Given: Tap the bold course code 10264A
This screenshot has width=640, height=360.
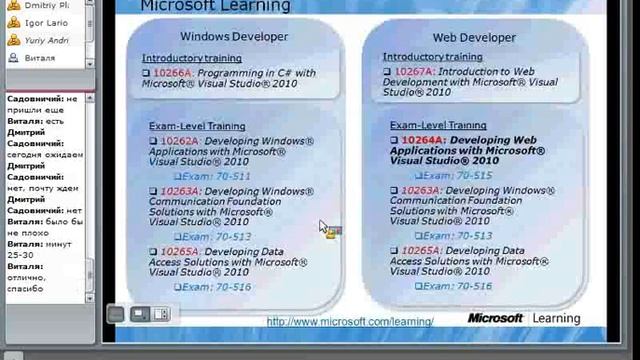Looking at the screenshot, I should point(420,140).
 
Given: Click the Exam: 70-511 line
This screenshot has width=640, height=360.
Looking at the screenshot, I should point(213,176).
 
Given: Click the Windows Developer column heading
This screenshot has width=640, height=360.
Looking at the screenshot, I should point(233,37).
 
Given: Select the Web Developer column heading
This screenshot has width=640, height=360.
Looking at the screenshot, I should point(472,37).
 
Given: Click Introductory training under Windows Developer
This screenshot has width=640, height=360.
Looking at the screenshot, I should point(192,58).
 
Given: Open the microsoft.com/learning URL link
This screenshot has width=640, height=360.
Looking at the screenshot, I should point(350,322).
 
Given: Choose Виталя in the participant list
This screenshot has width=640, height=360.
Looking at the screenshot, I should point(39,58).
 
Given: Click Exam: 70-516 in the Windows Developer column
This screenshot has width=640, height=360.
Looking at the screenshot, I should point(213,287).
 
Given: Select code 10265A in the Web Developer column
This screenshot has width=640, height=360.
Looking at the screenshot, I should point(421,251).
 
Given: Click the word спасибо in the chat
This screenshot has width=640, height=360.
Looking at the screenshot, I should point(26,288).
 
